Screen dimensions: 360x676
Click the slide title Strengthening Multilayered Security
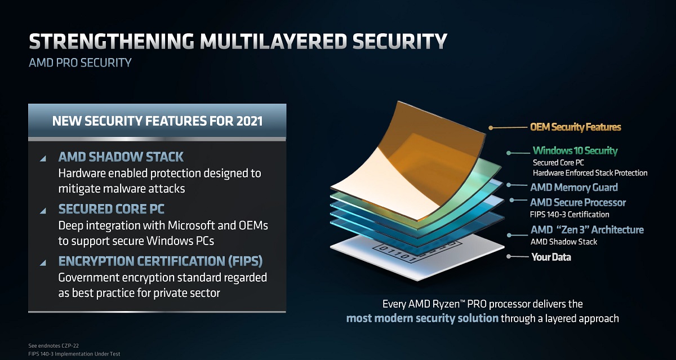(x=238, y=42)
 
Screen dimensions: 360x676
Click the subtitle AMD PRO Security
(x=80, y=62)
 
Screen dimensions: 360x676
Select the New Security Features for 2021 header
(x=157, y=121)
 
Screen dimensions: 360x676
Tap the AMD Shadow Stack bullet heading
(x=121, y=157)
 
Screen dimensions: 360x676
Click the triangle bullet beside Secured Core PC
(x=43, y=211)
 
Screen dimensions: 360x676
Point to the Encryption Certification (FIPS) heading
(x=161, y=261)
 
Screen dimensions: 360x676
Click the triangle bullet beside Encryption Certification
(x=43, y=263)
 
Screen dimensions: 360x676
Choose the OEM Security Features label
(x=575, y=127)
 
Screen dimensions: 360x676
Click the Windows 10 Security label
(x=575, y=150)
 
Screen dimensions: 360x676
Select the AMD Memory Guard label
(x=574, y=187)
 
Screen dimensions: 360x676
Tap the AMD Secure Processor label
(x=578, y=202)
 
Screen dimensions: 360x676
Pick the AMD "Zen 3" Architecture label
(x=587, y=230)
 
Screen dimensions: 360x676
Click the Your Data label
(x=551, y=257)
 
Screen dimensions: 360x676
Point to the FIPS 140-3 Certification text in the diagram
(x=570, y=214)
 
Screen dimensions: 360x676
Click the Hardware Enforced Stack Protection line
(x=590, y=173)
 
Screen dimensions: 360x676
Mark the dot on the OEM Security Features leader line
(x=491, y=128)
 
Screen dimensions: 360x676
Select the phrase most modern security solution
(x=422, y=318)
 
